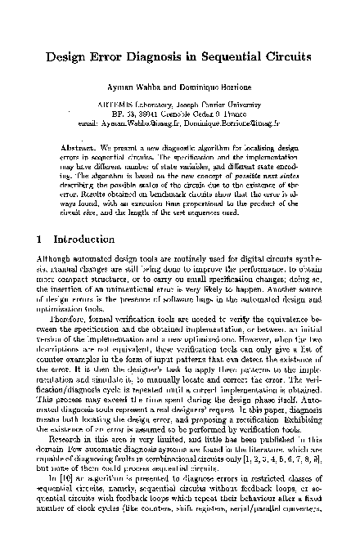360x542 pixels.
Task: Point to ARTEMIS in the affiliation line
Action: [115, 105]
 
